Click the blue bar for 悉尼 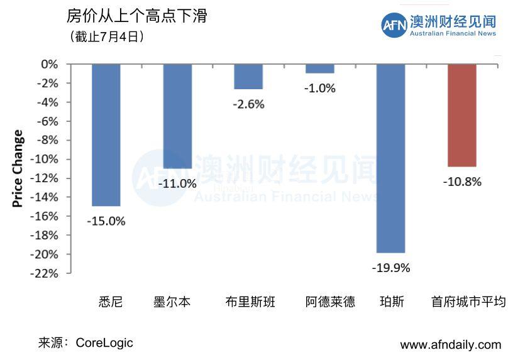coord(106,135)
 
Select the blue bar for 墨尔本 coord(177,116)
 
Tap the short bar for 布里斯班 coord(248,77)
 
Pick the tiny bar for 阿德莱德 coord(319,68)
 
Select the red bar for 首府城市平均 coord(461,115)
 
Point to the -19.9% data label coord(390,268)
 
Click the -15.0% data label coord(106,221)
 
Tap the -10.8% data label coord(461,182)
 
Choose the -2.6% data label coord(248,104)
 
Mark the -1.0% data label coord(319,89)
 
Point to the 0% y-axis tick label coord(50,64)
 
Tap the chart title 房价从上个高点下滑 coord(136,16)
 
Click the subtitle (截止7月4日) coord(108,36)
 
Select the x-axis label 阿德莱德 coord(329,302)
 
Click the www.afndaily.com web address coord(450,345)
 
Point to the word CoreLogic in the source coord(104,343)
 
